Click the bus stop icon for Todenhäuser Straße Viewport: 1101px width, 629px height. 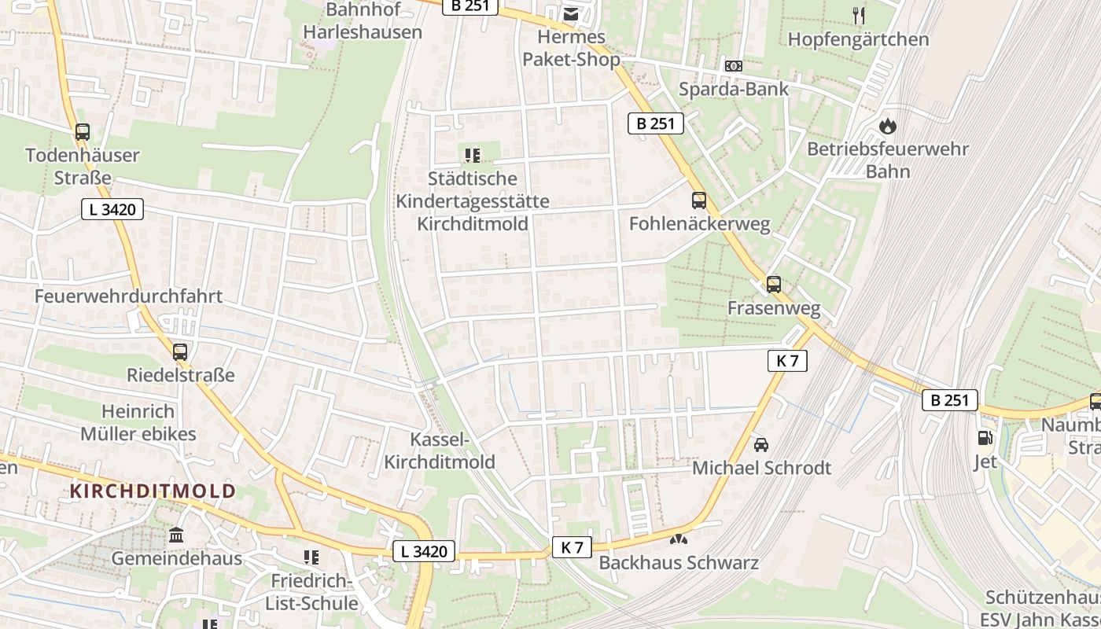pos(83,132)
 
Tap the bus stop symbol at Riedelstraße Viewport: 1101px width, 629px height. pos(180,351)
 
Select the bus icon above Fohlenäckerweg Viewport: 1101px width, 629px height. pos(699,200)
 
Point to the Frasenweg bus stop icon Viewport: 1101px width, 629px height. pos(774,284)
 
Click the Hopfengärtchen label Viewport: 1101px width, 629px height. pos(858,39)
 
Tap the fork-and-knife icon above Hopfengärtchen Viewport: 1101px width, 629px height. pos(859,15)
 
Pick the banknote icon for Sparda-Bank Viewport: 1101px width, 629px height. pos(733,66)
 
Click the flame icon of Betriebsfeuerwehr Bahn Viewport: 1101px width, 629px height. pos(888,126)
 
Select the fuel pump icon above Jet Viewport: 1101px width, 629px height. pos(985,438)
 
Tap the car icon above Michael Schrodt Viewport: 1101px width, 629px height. pos(760,445)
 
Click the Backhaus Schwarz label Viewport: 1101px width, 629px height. pos(679,563)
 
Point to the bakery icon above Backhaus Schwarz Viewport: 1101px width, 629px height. pos(678,540)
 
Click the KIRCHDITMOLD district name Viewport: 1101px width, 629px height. pos(153,491)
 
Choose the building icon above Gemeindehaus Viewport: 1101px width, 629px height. pos(176,535)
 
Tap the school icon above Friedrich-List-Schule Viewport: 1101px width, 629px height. pos(311,557)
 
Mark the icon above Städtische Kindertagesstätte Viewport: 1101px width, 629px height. pos(472,156)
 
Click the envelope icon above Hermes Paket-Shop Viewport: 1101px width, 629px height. pos(571,13)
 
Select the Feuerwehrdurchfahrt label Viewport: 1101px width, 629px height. pos(128,296)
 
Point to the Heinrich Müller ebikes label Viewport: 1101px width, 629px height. pos(138,422)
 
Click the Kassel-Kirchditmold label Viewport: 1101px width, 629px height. pos(440,451)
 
